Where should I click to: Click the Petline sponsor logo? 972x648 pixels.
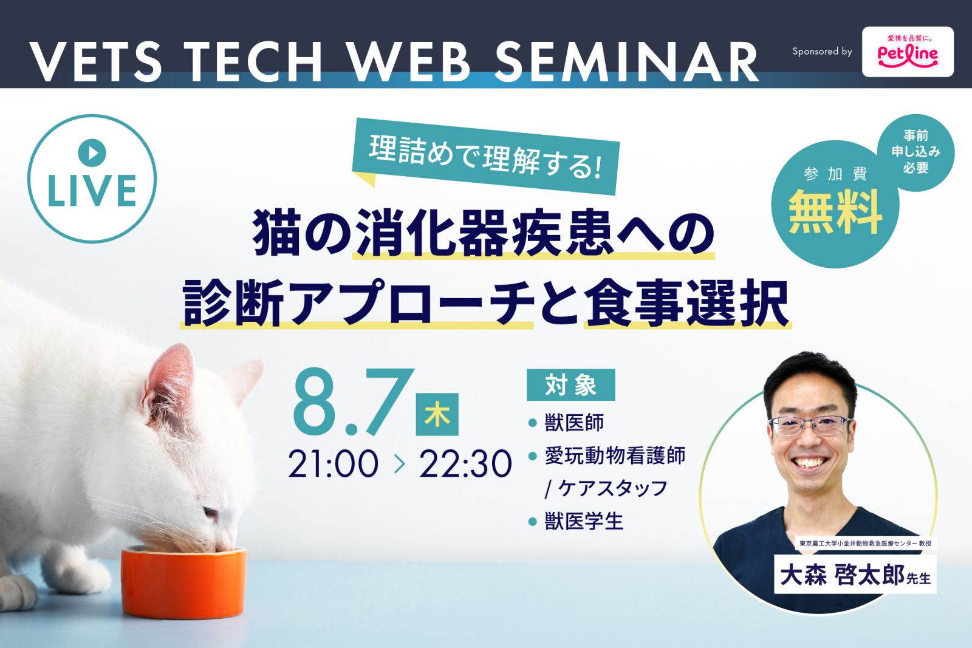click(908, 52)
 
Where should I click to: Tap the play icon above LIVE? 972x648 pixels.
click(92, 152)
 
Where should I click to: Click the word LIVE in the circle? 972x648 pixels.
click(92, 191)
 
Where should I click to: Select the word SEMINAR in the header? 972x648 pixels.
click(626, 61)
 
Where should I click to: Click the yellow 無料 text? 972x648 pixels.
click(835, 212)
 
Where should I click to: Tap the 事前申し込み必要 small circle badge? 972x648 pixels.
click(916, 152)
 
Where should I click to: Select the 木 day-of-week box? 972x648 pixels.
click(437, 414)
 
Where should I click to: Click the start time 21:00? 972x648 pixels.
click(334, 463)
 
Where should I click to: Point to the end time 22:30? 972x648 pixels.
click(465, 463)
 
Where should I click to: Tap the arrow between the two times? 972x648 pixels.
click(400, 464)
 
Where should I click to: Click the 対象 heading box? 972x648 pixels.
click(570, 384)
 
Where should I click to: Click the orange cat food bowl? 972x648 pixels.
click(184, 583)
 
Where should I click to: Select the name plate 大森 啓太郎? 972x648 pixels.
click(855, 575)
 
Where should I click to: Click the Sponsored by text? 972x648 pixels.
click(823, 52)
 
